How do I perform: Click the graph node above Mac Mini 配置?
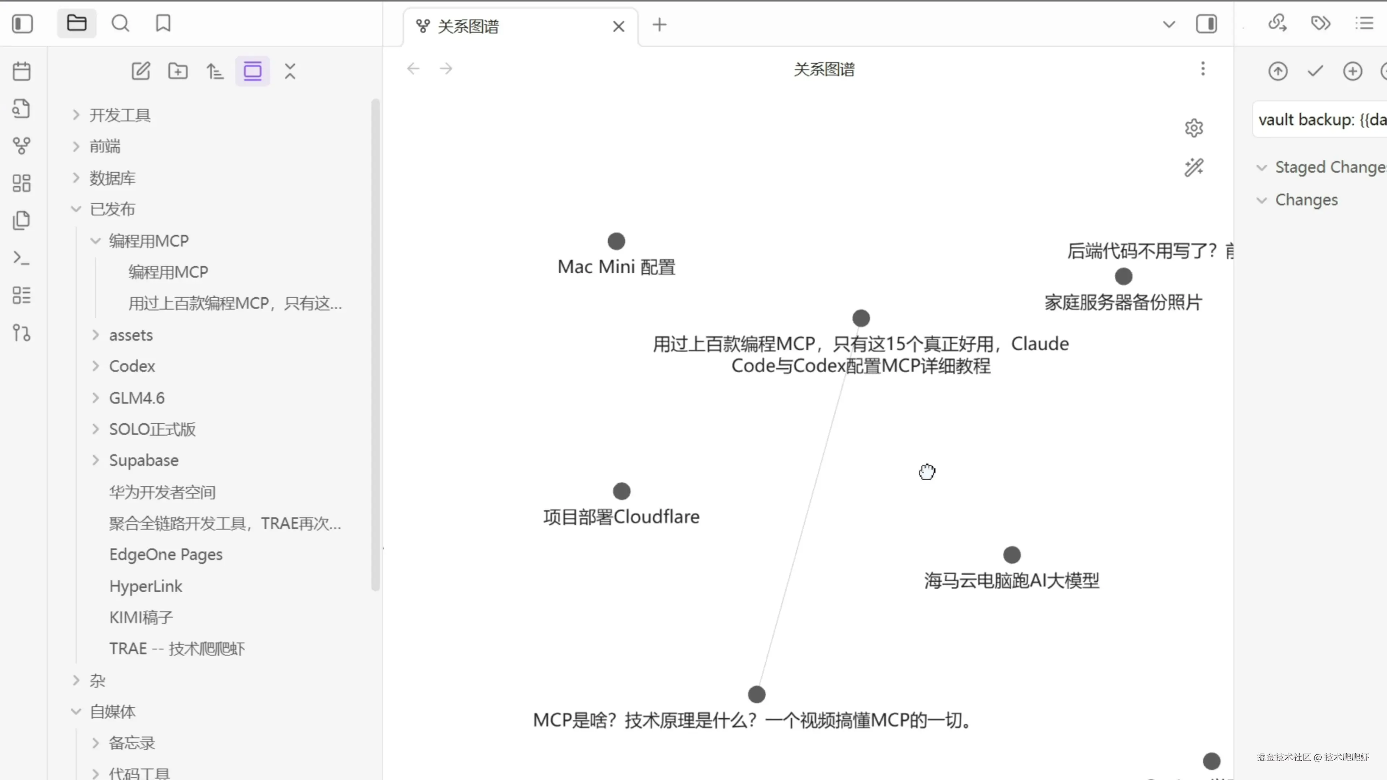(x=616, y=241)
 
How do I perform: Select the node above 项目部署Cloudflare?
(x=621, y=491)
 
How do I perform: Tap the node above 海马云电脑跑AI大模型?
(x=1012, y=554)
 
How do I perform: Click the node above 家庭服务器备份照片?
(x=1123, y=276)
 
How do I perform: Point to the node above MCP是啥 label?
(x=756, y=694)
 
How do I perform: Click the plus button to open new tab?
(x=659, y=25)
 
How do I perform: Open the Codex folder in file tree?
(x=132, y=366)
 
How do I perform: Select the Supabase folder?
(x=144, y=460)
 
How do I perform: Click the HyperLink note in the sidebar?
(x=145, y=586)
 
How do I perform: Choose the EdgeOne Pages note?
(x=166, y=554)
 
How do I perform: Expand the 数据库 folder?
(x=112, y=178)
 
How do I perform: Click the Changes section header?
(x=1306, y=200)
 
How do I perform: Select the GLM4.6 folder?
(x=137, y=398)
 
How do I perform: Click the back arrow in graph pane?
(x=413, y=69)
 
